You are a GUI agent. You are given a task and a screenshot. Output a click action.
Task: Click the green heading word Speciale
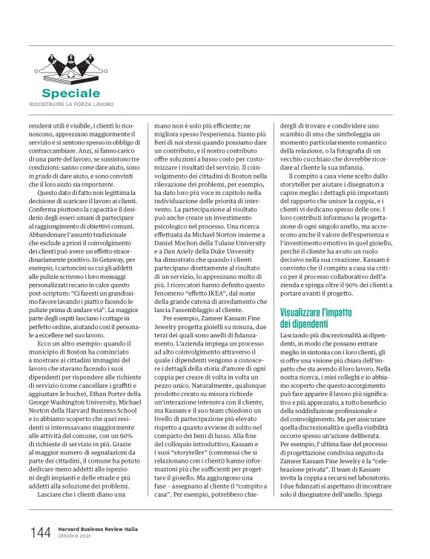tap(70, 93)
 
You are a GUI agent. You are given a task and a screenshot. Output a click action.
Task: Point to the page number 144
tap(40, 532)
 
